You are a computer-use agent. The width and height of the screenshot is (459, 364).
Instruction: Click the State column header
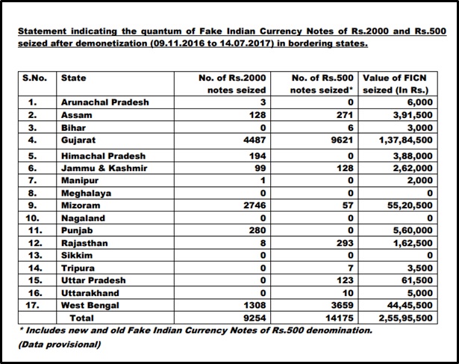pos(73,78)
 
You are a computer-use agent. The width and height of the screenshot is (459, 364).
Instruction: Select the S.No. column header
pos(34,78)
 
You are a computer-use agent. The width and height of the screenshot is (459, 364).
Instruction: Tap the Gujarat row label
pos(78,140)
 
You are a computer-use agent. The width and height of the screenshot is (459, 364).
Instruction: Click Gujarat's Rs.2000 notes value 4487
pos(255,140)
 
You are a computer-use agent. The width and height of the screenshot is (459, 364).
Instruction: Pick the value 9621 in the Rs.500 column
pos(343,140)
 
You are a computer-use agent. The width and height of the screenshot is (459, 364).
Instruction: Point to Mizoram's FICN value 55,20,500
pos(410,206)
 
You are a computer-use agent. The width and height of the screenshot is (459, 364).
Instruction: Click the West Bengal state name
pos(90,306)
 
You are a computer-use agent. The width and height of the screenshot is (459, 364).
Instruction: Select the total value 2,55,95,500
pos(405,318)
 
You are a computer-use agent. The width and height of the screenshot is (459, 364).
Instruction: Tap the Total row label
pos(81,318)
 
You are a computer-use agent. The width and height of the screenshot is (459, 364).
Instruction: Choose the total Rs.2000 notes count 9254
pos(255,318)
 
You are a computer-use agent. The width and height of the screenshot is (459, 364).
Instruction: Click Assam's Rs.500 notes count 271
pos(345,115)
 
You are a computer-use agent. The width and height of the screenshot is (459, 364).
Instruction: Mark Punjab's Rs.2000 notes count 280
pos(257,231)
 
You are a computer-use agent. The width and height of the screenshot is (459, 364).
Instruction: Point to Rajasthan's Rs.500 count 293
pos(345,243)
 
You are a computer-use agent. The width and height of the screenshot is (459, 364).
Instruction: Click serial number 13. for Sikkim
pos(35,256)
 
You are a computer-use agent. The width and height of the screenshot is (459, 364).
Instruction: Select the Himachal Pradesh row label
pos(103,156)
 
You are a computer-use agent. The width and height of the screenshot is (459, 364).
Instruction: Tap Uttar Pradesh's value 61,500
pos(417,280)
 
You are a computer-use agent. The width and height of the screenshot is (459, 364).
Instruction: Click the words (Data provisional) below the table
pos(60,345)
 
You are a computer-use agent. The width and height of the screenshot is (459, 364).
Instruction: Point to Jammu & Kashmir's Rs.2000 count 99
pos(260,168)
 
